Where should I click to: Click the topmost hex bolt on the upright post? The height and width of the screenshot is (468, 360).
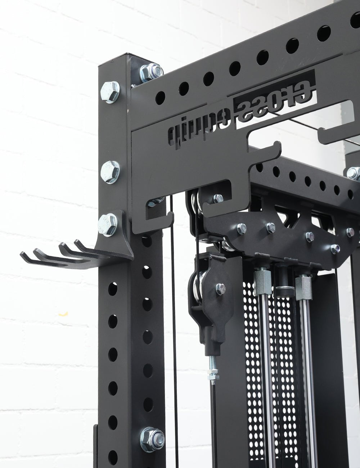pos(110,91)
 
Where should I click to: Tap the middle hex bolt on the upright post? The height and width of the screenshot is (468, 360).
pos(110,172)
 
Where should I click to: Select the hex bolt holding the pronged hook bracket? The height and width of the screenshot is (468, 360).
pos(108,225)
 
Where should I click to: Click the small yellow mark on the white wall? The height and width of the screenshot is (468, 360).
pos(63,314)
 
